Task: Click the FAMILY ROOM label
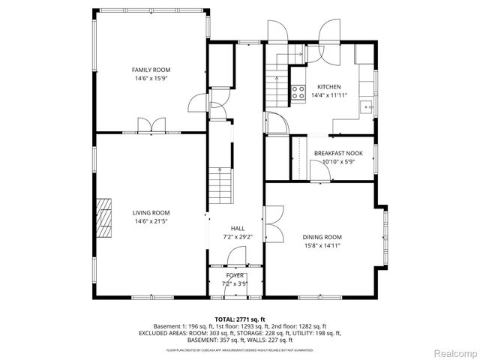146,70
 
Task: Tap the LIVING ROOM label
146,212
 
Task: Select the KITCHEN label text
329,87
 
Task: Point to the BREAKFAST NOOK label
337,154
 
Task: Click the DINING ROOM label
322,237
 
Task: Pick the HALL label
237,229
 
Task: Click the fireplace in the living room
104,217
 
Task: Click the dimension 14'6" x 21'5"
146,220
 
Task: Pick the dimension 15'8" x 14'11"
322,245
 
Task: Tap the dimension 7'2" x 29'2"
237,237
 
